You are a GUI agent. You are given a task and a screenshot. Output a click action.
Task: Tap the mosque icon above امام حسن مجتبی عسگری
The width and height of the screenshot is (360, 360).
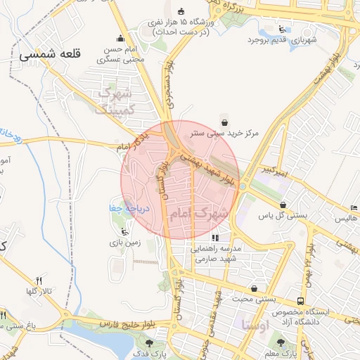[120, 39]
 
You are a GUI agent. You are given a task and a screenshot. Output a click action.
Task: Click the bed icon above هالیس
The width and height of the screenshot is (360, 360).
[353, 208]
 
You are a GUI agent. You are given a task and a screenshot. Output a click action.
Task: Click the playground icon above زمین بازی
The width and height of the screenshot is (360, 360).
[125, 231]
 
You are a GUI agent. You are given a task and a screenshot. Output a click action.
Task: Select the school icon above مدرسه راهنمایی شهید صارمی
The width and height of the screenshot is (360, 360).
[214, 238]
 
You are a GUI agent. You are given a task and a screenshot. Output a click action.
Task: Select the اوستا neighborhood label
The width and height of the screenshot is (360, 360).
[255, 325]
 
